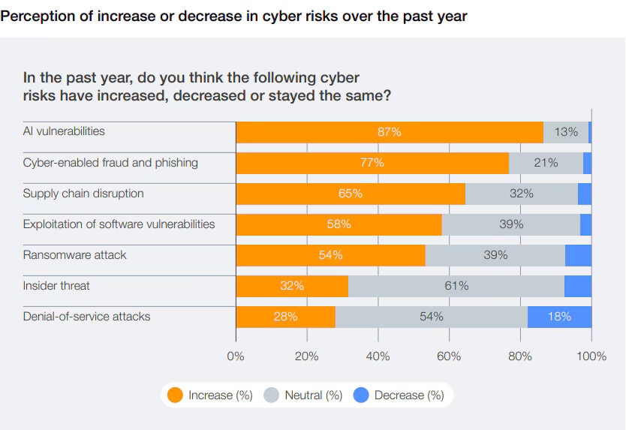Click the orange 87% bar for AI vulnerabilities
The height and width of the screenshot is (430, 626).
coord(390,132)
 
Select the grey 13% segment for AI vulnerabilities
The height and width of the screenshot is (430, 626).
coord(566,132)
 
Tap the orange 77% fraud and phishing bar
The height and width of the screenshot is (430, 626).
coord(372,163)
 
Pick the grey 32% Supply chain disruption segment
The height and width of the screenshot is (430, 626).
coord(522,194)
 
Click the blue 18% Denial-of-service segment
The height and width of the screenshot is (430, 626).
coord(559,317)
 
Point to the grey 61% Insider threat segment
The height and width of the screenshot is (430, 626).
coord(456,286)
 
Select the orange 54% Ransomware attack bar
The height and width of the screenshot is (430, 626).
coord(330,255)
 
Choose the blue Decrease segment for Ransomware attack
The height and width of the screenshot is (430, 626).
coord(578,255)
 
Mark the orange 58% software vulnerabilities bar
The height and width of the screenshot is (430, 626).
coord(339,224)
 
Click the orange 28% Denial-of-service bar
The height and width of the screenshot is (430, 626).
coord(285,317)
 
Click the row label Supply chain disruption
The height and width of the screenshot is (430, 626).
coord(83,194)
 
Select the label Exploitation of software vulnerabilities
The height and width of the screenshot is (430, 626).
coord(119,224)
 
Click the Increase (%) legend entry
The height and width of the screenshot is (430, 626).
coord(211,395)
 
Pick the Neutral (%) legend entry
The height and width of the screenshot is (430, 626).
coord(304,395)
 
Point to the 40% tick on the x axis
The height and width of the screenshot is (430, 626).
coord(378,356)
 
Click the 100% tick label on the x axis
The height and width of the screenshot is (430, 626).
coord(591,356)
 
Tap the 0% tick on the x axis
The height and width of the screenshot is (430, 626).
coord(236,356)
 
